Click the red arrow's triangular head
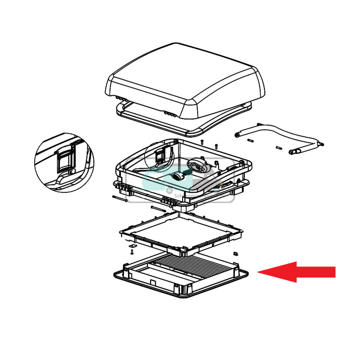277,272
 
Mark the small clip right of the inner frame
235,253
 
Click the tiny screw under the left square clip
132,251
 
